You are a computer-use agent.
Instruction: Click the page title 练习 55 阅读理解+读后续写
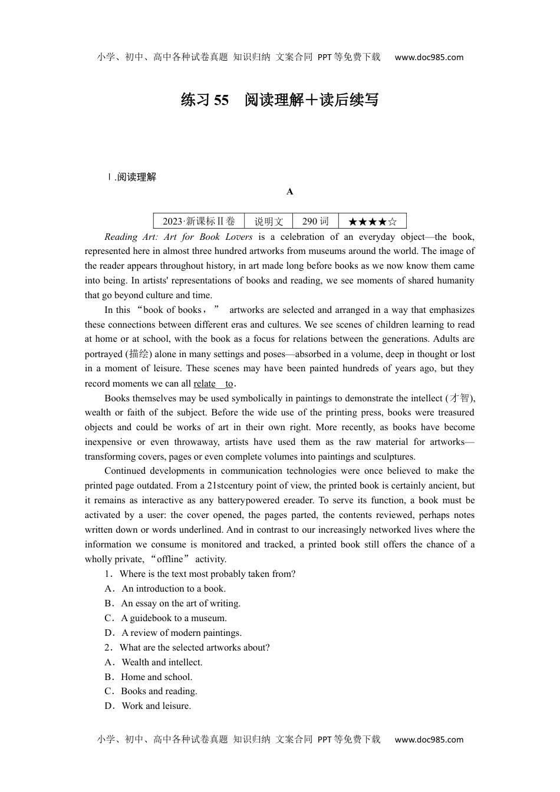point(279,100)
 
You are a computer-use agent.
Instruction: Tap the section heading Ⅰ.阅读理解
point(131,177)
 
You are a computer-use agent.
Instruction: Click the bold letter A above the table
point(289,192)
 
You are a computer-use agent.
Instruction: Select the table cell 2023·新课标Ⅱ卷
point(199,221)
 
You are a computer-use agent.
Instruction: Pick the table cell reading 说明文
point(268,221)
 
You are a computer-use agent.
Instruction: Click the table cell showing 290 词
point(315,221)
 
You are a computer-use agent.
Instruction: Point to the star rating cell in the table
point(373,222)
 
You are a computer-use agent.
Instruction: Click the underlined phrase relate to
point(213,384)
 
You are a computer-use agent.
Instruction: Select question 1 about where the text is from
point(200,574)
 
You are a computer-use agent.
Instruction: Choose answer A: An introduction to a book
point(166,589)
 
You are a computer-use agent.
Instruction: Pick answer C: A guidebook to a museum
point(166,618)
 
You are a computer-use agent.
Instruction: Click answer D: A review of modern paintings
point(173,633)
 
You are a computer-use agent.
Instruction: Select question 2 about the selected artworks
point(187,648)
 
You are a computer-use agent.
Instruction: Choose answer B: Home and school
point(149,677)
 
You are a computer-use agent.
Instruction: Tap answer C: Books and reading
point(151,691)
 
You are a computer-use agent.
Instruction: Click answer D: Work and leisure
point(148,706)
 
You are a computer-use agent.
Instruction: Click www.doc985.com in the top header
point(429,57)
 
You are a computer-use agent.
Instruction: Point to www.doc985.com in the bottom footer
point(429,740)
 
